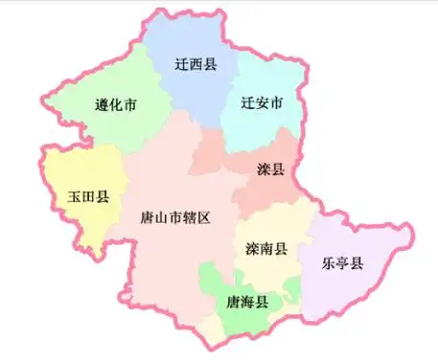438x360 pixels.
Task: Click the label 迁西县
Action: (196, 65)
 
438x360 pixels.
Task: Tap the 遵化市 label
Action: (114, 105)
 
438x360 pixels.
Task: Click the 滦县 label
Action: (271, 169)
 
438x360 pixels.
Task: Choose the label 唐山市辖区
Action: (174, 217)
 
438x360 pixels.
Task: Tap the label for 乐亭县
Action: (343, 263)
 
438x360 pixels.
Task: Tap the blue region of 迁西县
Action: (192, 91)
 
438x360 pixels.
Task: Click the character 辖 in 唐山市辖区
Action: (188, 217)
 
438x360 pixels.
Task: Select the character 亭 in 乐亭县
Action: (343, 263)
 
